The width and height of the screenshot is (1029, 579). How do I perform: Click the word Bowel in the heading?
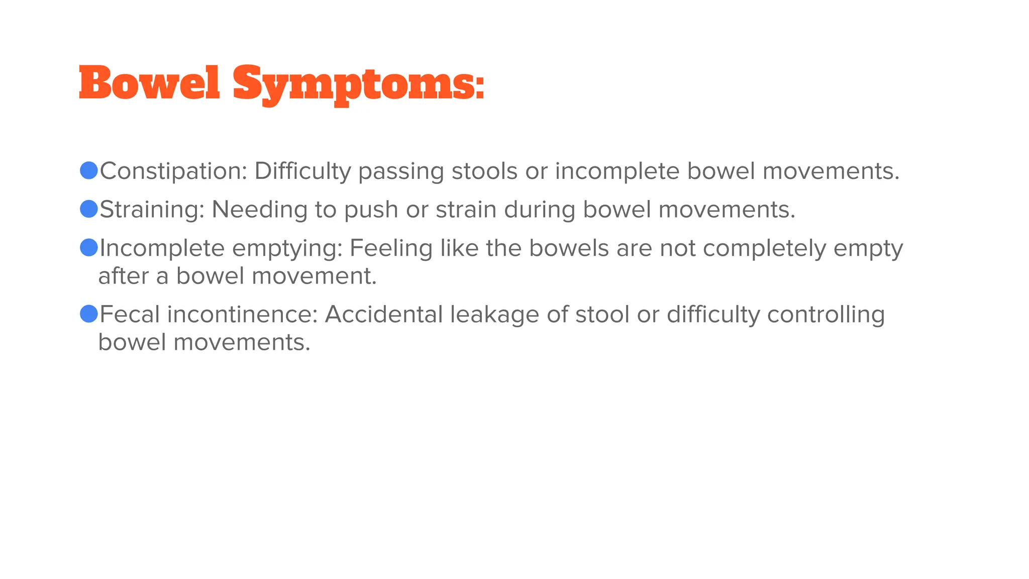[x=149, y=83]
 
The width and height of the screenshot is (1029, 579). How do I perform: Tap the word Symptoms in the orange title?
[x=358, y=84]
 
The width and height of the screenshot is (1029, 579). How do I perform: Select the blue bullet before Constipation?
[x=89, y=170]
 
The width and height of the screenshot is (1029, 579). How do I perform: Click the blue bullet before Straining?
[x=89, y=209]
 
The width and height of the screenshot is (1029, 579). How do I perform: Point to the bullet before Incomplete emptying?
[x=89, y=247]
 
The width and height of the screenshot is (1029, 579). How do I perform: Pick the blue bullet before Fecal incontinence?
[x=89, y=314]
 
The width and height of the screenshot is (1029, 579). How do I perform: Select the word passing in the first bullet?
[x=401, y=171]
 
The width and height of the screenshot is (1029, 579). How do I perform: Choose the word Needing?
[x=259, y=210]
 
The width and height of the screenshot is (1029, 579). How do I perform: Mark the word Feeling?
[x=391, y=248]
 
